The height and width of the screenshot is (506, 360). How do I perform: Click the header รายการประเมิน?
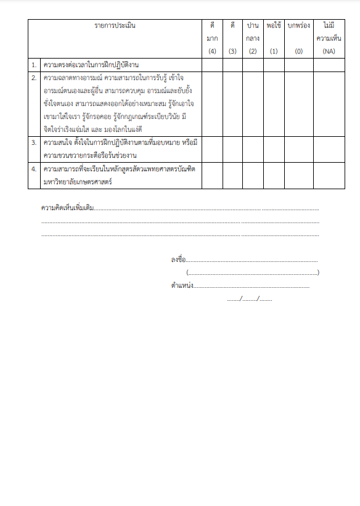coord(115,26)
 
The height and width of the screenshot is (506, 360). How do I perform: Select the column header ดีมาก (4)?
coord(212,38)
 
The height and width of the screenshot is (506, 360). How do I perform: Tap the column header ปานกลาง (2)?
coord(253,38)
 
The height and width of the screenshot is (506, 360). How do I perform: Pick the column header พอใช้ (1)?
coord(274,38)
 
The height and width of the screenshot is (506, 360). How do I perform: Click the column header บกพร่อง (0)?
coord(298,38)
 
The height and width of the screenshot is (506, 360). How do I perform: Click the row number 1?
coord(34,65)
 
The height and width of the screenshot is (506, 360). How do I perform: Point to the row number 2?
coord(34,78)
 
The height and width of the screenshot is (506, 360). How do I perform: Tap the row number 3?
coord(34,142)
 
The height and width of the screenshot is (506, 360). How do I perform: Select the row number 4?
coord(34,168)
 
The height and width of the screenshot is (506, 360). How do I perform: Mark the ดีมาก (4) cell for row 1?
coord(212,65)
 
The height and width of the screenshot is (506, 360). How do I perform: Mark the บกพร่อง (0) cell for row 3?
coord(298,149)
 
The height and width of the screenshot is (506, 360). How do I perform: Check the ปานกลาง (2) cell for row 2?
coord(253,104)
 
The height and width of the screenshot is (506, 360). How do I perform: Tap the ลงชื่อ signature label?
coord(178,259)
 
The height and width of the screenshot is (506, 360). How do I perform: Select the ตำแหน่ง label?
coord(182,285)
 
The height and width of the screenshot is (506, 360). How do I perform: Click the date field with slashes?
coord(249,299)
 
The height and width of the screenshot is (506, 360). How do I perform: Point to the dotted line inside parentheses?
coord(253,272)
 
